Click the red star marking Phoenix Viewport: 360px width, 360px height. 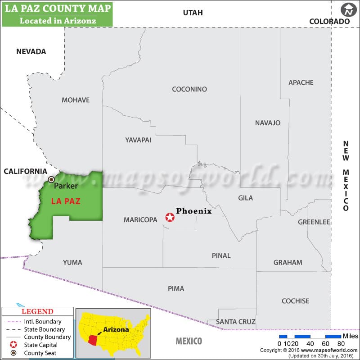pos(170,218)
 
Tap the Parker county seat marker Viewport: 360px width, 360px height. pos(51,179)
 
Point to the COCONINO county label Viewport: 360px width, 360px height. pos(189,89)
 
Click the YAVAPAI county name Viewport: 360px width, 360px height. pos(138,140)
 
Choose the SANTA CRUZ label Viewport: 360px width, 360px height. pos(236,322)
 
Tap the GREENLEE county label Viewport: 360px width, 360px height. pos(314,222)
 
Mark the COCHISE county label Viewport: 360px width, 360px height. pos(295,301)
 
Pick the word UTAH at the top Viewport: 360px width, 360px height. pos(193,13)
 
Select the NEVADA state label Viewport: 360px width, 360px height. pos(31,51)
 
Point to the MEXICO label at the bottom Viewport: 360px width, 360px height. pos(189,341)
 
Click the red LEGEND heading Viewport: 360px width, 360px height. pos(37,312)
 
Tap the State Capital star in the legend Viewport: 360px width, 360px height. pos(13,345)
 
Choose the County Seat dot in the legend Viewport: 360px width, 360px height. pos(13,352)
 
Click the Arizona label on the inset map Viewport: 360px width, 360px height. pos(116,329)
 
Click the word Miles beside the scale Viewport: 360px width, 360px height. pos(351,336)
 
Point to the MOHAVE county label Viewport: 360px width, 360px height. pos(76,100)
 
